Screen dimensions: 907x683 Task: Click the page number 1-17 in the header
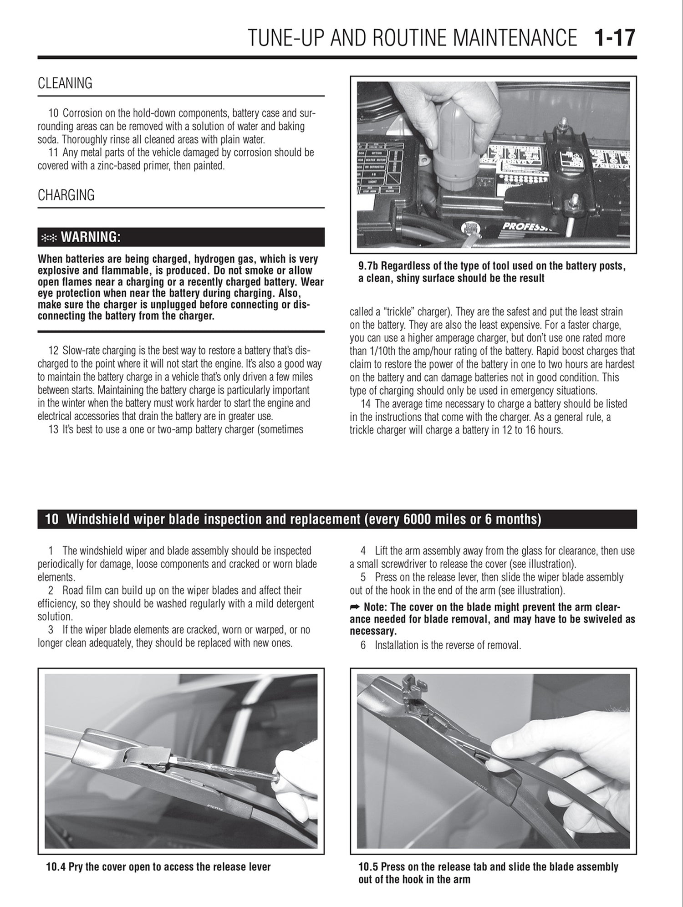tap(614, 38)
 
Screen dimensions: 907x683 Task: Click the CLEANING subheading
tap(65, 83)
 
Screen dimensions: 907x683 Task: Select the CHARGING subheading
tap(66, 195)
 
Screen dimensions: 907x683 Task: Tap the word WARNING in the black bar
tap(91, 237)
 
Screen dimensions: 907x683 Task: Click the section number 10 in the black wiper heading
tap(51, 520)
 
